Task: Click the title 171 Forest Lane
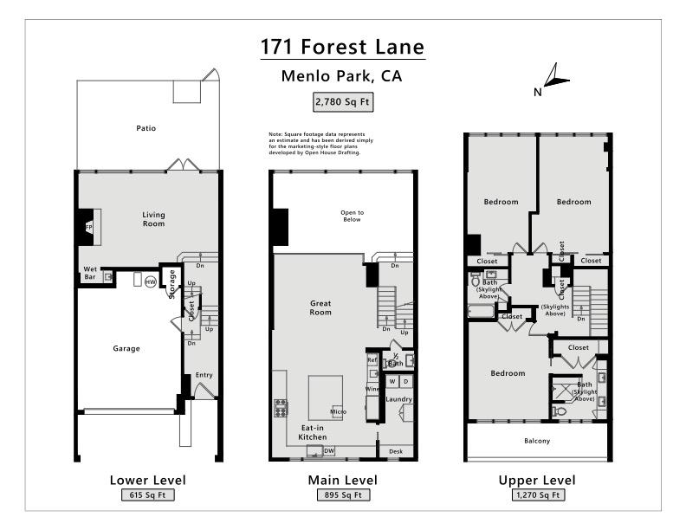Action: (x=343, y=46)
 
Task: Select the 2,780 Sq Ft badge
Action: (x=342, y=102)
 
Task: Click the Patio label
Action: (x=146, y=128)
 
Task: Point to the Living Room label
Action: (x=153, y=219)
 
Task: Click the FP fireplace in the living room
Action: (x=88, y=227)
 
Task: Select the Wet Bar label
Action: (x=90, y=273)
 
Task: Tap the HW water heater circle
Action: (x=150, y=281)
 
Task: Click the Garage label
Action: (x=126, y=348)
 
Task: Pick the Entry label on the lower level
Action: (x=204, y=375)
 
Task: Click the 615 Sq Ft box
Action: (x=147, y=495)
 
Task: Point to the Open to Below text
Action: (x=352, y=217)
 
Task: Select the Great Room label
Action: (x=320, y=307)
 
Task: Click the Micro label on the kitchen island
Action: (x=338, y=410)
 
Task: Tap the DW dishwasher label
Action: (x=328, y=450)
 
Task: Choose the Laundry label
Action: (x=398, y=399)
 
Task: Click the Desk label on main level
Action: (x=396, y=451)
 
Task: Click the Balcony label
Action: (x=537, y=441)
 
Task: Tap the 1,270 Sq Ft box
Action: (x=536, y=495)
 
